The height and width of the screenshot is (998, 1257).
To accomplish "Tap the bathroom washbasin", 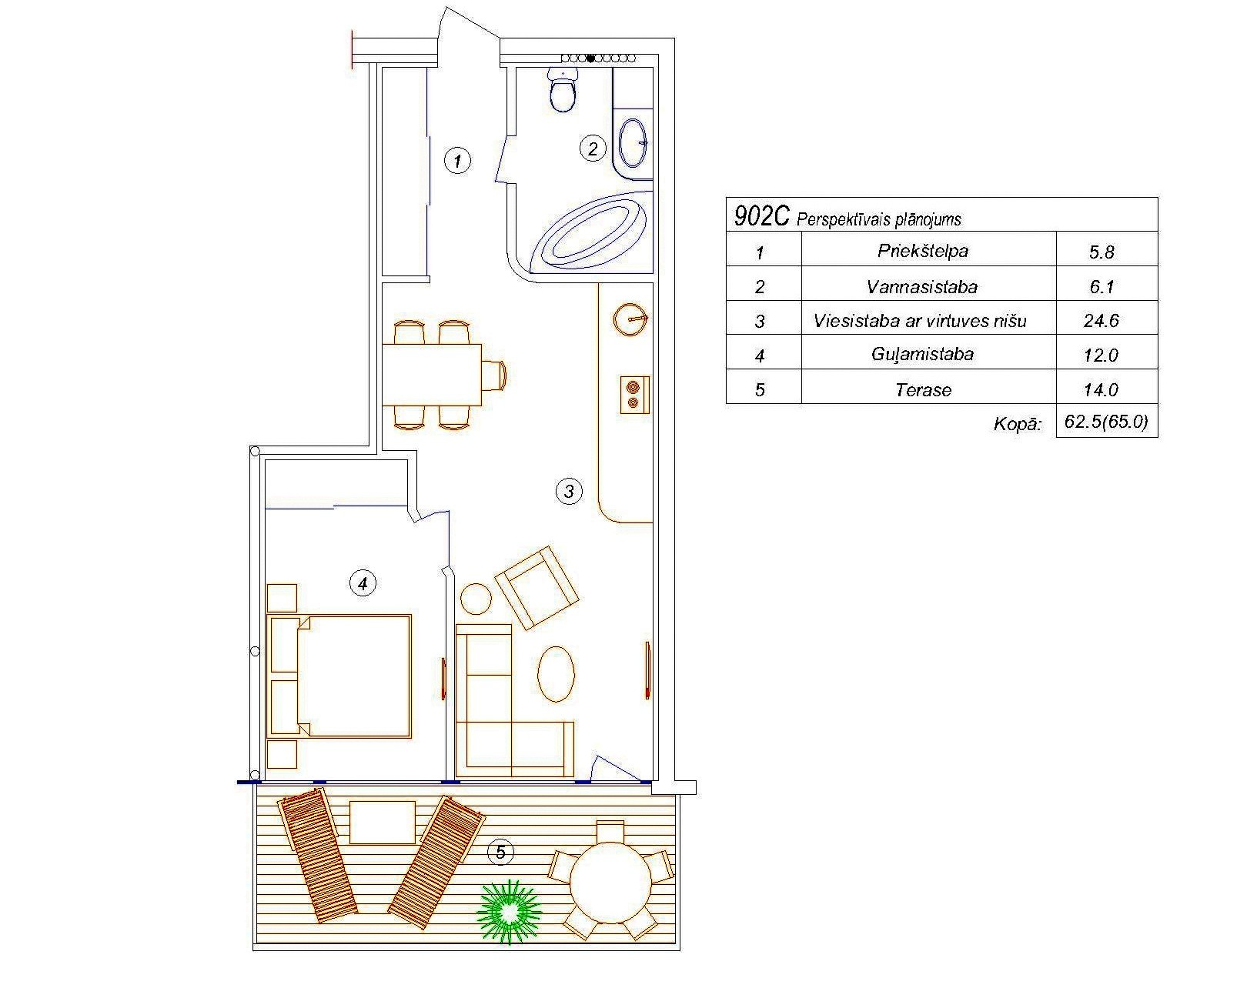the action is click(632, 142).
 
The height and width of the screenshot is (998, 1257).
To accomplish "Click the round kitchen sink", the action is click(631, 319).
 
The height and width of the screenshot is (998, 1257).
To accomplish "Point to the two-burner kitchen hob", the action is click(634, 395).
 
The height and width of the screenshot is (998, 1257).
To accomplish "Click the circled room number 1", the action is click(457, 161).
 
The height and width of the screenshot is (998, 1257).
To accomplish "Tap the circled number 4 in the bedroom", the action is click(363, 582).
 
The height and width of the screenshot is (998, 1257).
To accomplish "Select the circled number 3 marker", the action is click(569, 491).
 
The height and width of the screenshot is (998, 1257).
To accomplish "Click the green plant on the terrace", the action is click(509, 912).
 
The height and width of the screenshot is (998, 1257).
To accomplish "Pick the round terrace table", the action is click(610, 883).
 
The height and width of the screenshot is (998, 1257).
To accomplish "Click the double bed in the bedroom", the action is click(339, 676).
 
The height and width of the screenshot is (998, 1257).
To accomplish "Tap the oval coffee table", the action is click(556, 674).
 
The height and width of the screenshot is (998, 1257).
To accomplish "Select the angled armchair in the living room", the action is click(537, 587).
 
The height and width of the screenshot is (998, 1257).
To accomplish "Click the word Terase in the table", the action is click(924, 390).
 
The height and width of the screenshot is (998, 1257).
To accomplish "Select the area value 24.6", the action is click(1101, 321).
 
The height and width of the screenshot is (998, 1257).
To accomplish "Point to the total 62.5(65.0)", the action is click(1106, 422).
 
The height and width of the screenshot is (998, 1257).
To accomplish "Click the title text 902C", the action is click(762, 217).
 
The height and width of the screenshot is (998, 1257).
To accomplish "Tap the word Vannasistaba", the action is click(922, 287).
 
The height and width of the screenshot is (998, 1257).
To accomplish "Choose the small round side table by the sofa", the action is click(476, 599).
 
